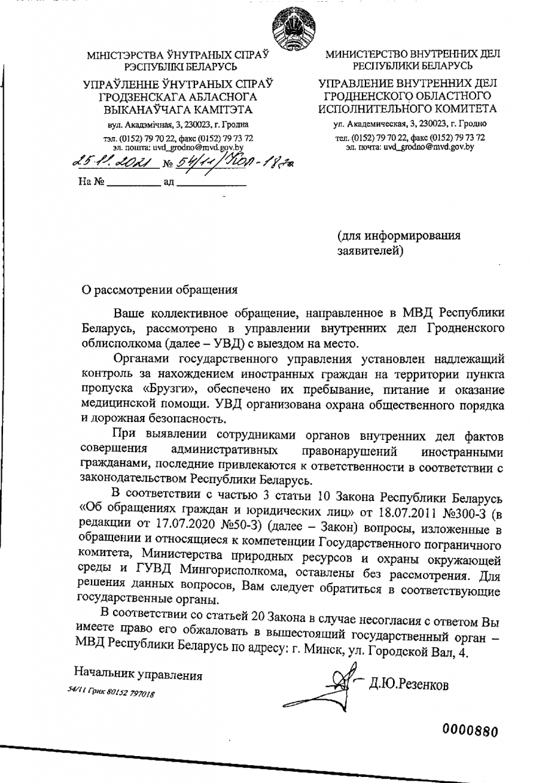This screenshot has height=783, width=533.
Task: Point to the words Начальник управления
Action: click(x=138, y=675)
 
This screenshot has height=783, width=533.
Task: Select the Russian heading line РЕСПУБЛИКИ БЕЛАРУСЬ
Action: click(x=411, y=65)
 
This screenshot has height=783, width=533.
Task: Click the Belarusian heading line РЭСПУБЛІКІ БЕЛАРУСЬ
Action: click(x=178, y=65)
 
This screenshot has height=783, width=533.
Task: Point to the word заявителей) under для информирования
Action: click(x=370, y=250)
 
